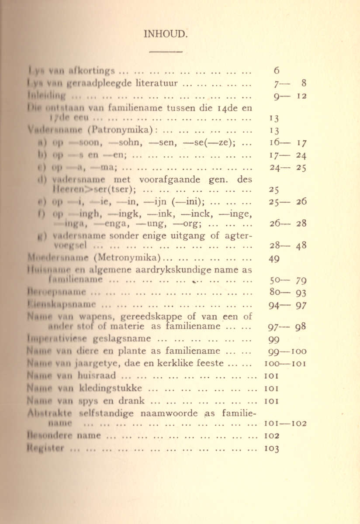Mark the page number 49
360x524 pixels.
click(x=274, y=259)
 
